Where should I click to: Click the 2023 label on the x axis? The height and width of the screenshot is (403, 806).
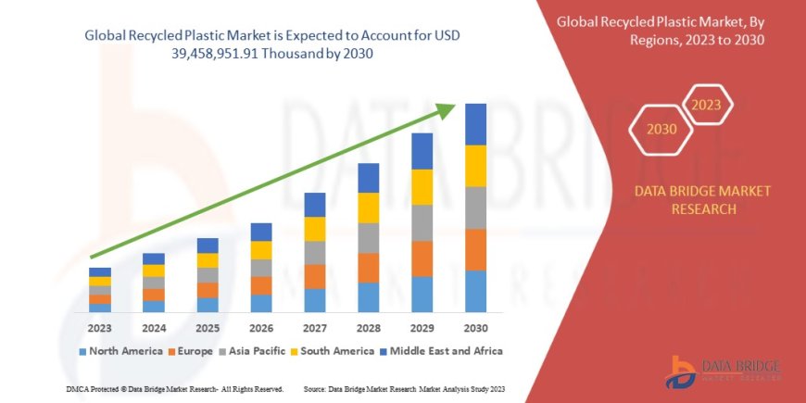pyautogui.click(x=99, y=328)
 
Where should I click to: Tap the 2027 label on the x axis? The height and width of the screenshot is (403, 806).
pyautogui.click(x=314, y=328)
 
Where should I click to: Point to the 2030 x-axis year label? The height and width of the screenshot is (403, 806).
pyautogui.click(x=475, y=328)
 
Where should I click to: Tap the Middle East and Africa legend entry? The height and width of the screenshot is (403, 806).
pyautogui.click(x=441, y=351)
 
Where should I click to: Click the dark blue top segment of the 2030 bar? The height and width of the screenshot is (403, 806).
pyautogui.click(x=475, y=124)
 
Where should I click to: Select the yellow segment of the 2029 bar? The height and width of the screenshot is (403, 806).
pyautogui.click(x=422, y=187)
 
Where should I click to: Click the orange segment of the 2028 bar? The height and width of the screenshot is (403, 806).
pyautogui.click(x=368, y=268)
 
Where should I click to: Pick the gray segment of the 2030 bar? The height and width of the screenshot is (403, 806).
pyautogui.click(x=475, y=208)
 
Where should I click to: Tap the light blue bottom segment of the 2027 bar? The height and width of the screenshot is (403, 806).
pyautogui.click(x=314, y=300)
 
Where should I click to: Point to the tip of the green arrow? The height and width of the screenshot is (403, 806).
pyautogui.click(x=453, y=106)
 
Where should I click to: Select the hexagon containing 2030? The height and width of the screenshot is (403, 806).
pyautogui.click(x=662, y=129)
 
